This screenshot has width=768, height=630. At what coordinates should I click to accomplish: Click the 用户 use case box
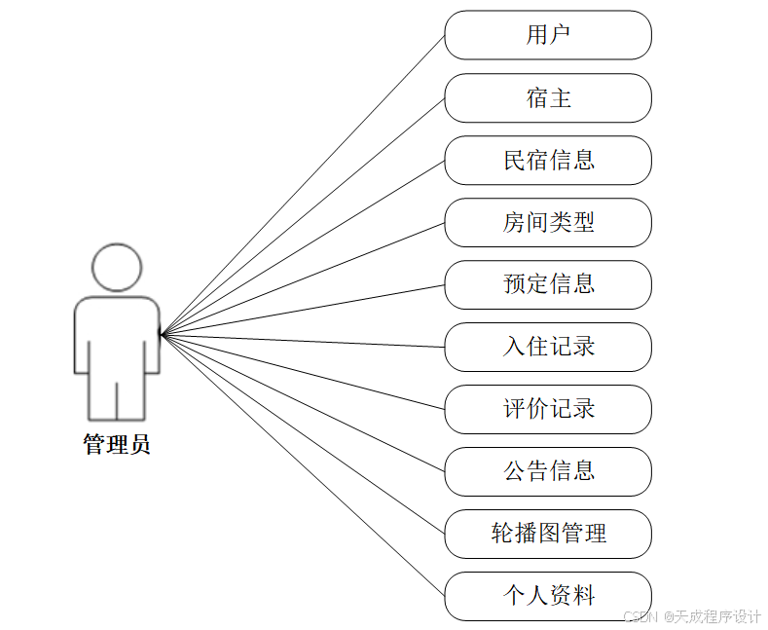[x=548, y=35]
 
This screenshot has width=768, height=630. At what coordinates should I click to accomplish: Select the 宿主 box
[x=548, y=97]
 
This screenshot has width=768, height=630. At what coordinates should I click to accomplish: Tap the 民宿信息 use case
[x=548, y=160]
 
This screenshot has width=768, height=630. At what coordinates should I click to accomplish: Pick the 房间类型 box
[x=548, y=222]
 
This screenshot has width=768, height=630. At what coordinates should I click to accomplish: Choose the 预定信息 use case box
[x=548, y=284]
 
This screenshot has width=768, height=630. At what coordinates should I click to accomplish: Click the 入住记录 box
[x=548, y=347]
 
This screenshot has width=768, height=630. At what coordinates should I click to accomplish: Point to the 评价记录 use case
[x=548, y=409]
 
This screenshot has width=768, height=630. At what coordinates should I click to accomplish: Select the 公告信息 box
[x=548, y=471]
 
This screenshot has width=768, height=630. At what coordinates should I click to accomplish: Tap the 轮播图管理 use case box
[x=548, y=534]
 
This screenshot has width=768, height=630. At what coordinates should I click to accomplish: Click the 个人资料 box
[x=548, y=596]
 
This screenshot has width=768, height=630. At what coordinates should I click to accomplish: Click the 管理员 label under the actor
[x=117, y=446]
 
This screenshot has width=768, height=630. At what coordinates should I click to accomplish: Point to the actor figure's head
[x=117, y=267]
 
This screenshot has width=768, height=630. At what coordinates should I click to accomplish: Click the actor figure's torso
[x=117, y=336]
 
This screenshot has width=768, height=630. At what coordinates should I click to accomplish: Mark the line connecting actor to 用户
[x=303, y=185]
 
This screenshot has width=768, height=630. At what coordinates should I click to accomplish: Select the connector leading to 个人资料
[x=303, y=465]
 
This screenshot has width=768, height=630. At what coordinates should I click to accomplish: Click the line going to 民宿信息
[x=303, y=247]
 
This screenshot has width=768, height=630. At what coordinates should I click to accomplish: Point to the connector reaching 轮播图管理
[x=303, y=434]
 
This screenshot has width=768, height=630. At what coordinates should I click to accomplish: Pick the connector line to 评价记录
[x=303, y=372]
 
